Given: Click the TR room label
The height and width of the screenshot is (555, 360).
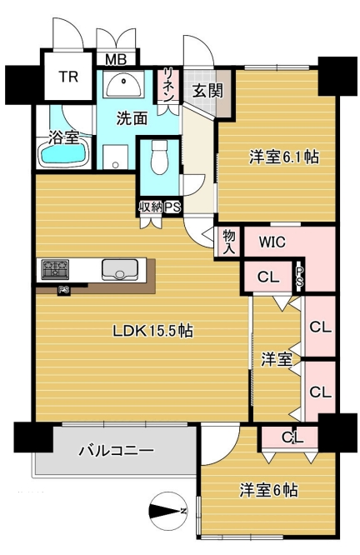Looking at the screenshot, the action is (68, 77).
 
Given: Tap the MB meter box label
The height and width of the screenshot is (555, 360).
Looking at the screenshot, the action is (116, 59).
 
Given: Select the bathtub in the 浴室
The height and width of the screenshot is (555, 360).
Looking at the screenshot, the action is (63, 154).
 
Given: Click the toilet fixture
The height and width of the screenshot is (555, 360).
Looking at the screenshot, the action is (159, 157).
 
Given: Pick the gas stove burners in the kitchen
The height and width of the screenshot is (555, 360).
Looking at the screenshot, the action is (55, 269).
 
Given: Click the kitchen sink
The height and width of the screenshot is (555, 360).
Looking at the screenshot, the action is (120, 270).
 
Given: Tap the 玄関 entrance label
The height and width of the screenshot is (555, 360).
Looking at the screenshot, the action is (207, 91).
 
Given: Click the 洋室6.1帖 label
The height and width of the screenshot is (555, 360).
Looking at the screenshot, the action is (284, 157).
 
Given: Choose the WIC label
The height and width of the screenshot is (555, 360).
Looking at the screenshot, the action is (272, 242).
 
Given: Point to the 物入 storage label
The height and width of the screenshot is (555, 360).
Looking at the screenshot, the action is (228, 242).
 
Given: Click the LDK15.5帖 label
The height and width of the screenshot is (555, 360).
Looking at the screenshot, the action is (153, 331).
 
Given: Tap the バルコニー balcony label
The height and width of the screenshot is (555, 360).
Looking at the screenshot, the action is (116, 451).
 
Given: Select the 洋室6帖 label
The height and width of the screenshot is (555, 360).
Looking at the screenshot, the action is (268, 490).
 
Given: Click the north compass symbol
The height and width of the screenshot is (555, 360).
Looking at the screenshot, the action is (168, 511).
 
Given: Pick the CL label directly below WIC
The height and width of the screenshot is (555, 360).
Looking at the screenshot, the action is (268, 277).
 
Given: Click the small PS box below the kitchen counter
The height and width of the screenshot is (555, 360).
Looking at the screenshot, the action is (63, 290).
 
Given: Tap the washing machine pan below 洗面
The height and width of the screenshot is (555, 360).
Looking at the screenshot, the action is (115, 157).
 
